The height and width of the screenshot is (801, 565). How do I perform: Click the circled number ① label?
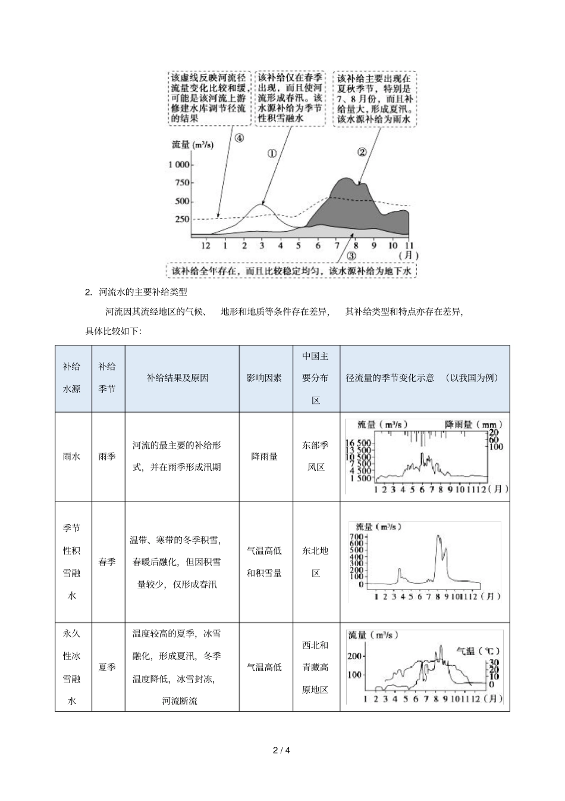[272, 153]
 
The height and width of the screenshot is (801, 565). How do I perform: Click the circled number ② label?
[362, 151]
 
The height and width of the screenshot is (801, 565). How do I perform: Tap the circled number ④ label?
[238, 138]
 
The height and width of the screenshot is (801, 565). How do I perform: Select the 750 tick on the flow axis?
[182, 183]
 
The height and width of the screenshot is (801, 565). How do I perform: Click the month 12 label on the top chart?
[206, 245]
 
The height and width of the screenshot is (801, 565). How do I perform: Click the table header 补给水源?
[72, 378]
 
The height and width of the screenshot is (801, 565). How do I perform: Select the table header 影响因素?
[265, 378]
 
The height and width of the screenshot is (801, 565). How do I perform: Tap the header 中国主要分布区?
[315, 378]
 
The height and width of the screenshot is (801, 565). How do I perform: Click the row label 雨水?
[72, 456]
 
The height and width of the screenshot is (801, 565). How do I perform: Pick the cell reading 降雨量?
[265, 456]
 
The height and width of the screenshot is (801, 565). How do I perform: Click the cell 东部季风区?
[315, 456]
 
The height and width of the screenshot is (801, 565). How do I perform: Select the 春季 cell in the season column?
[108, 562]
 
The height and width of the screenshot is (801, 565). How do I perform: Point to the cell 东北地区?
[315, 562]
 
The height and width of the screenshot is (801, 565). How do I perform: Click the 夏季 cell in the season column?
[108, 667]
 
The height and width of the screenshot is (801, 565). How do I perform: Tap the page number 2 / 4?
[282, 750]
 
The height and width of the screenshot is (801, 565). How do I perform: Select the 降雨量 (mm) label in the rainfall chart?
[473, 425]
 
